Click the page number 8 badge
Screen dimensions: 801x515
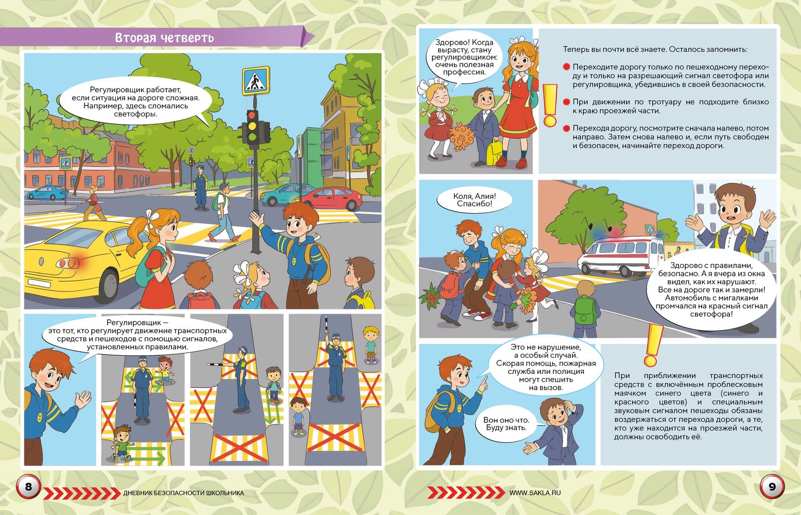tap(28, 487)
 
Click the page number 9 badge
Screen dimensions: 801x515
tap(772, 487)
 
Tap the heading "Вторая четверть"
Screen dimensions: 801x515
tap(165, 38)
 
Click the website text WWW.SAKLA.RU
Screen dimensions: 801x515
tap(535, 493)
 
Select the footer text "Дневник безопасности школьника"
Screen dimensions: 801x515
tap(184, 493)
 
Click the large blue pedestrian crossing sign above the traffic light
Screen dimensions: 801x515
tap(255, 80)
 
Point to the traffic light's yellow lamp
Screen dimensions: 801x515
tap(252, 126)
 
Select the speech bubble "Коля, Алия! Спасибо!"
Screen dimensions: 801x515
tap(475, 200)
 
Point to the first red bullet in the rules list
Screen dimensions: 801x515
tap(566, 67)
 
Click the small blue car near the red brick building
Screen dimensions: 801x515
tap(47, 193)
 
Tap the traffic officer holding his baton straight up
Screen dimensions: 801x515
tap(336, 368)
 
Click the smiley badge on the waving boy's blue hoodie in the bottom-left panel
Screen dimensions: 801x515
tap(40, 417)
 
